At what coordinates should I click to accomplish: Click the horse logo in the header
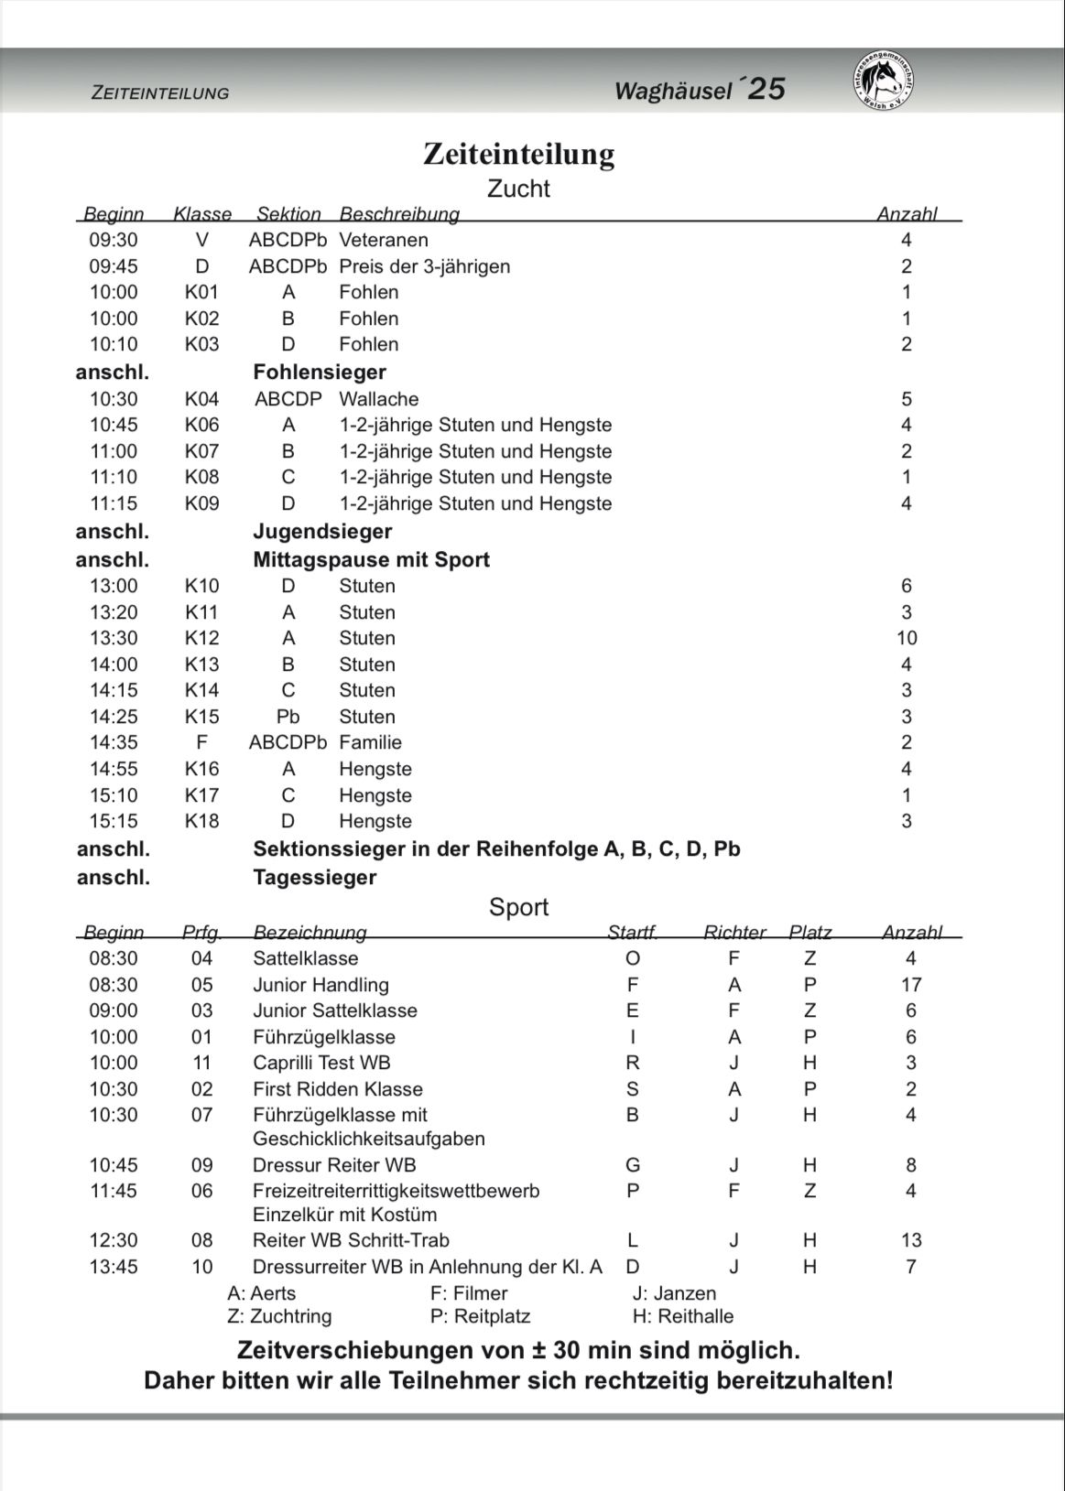[884, 81]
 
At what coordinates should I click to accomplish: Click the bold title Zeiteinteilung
[518, 154]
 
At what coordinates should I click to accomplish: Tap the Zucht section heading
[518, 189]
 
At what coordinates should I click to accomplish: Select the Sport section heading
[518, 907]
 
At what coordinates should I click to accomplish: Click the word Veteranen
[383, 241]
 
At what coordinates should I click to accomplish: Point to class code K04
[201, 399]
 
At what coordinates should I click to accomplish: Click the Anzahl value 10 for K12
[907, 638]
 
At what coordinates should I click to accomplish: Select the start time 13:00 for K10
[114, 586]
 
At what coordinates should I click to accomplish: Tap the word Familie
[370, 742]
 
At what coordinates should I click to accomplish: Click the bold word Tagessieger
[314, 878]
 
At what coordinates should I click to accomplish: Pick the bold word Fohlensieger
[319, 373]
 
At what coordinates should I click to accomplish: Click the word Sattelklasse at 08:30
[305, 959]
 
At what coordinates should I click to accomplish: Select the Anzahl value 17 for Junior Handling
[910, 985]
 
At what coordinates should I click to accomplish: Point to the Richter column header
[734, 933]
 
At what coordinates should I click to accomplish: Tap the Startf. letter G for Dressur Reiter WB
[633, 1165]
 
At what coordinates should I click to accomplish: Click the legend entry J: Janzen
[674, 1293]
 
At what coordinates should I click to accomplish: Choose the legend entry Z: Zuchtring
[279, 1316]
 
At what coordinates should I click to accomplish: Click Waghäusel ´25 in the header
[700, 90]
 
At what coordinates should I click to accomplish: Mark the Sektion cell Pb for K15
[288, 717]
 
